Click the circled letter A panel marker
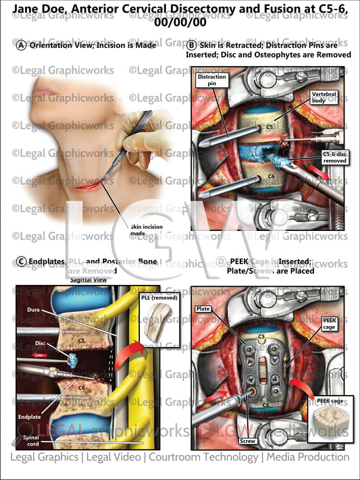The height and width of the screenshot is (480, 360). point(22,45)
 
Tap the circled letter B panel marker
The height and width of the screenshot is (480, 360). point(192,45)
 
